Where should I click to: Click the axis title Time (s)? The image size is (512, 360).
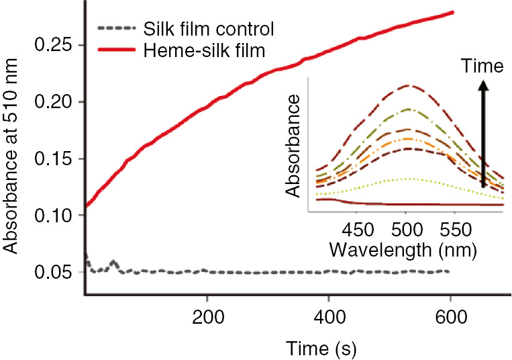click(x=319, y=347)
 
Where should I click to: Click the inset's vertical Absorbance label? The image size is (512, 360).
click(x=293, y=146)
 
